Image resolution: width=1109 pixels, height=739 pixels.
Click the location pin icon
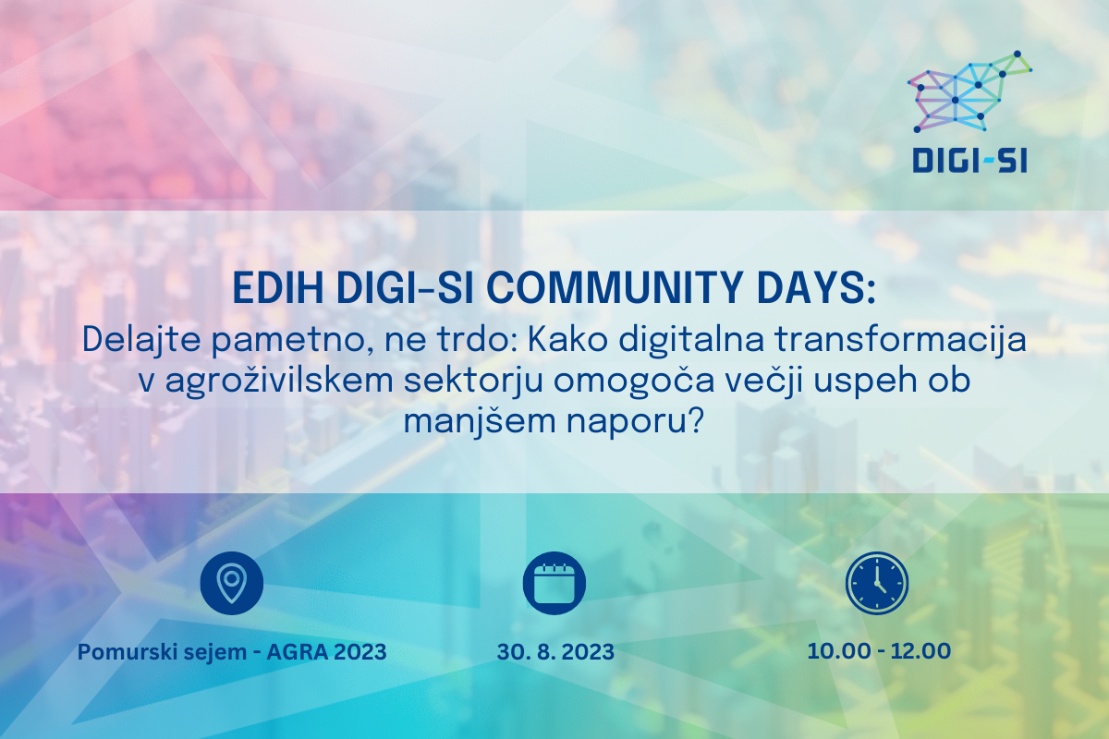click(231, 583)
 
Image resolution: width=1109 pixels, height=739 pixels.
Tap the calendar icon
click(554, 583)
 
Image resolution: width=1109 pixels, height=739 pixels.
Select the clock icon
click(877, 583)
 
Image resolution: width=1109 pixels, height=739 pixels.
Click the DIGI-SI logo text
click(969, 160)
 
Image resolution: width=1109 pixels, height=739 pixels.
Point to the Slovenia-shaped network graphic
click(969, 92)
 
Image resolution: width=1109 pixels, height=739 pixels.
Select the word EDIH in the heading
click(278, 287)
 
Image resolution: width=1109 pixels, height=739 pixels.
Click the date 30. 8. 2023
click(555, 652)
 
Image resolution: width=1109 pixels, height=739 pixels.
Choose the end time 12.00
click(920, 651)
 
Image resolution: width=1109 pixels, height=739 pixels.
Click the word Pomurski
click(128, 652)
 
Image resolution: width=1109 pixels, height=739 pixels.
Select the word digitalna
click(691, 341)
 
